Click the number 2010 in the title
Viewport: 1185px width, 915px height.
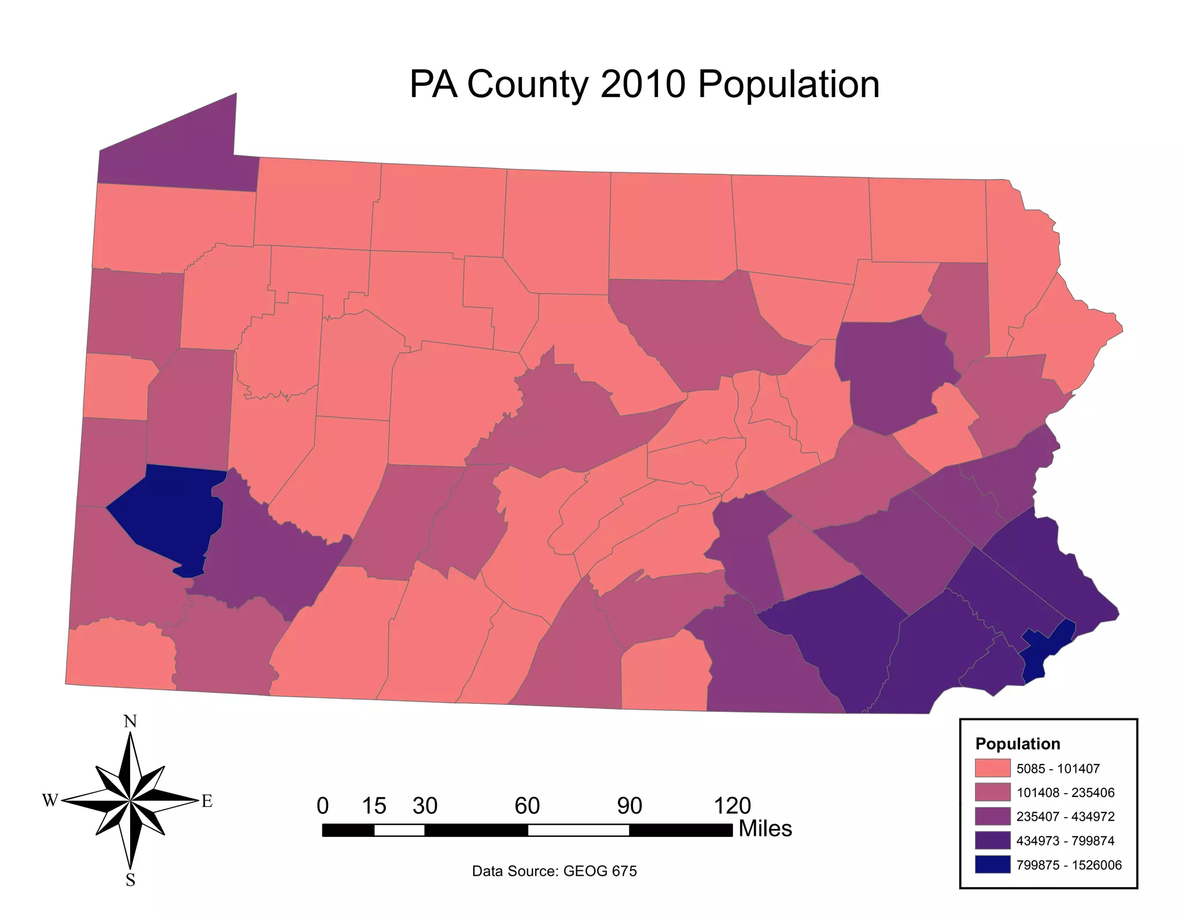coord(643,84)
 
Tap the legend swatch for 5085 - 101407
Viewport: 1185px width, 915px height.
coord(992,768)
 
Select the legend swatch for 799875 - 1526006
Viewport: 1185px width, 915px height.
coord(992,865)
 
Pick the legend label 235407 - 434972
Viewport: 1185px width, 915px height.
coord(1065,817)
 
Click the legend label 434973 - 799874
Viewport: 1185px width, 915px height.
coord(1065,841)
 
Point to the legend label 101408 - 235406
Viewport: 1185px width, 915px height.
coord(1065,792)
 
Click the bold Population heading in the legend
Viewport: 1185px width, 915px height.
coord(1017,744)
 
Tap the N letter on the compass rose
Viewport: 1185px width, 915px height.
coord(130,721)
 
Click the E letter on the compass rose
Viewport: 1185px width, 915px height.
coord(207,802)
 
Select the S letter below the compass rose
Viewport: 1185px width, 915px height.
coord(130,880)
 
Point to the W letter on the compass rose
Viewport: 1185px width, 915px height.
coord(50,800)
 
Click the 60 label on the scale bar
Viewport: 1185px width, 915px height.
coord(527,806)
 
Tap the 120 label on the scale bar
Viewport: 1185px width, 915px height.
coord(732,806)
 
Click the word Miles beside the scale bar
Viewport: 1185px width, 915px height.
coord(765,829)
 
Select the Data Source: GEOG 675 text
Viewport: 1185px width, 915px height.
coord(554,871)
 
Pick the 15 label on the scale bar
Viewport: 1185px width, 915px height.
coord(374,806)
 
